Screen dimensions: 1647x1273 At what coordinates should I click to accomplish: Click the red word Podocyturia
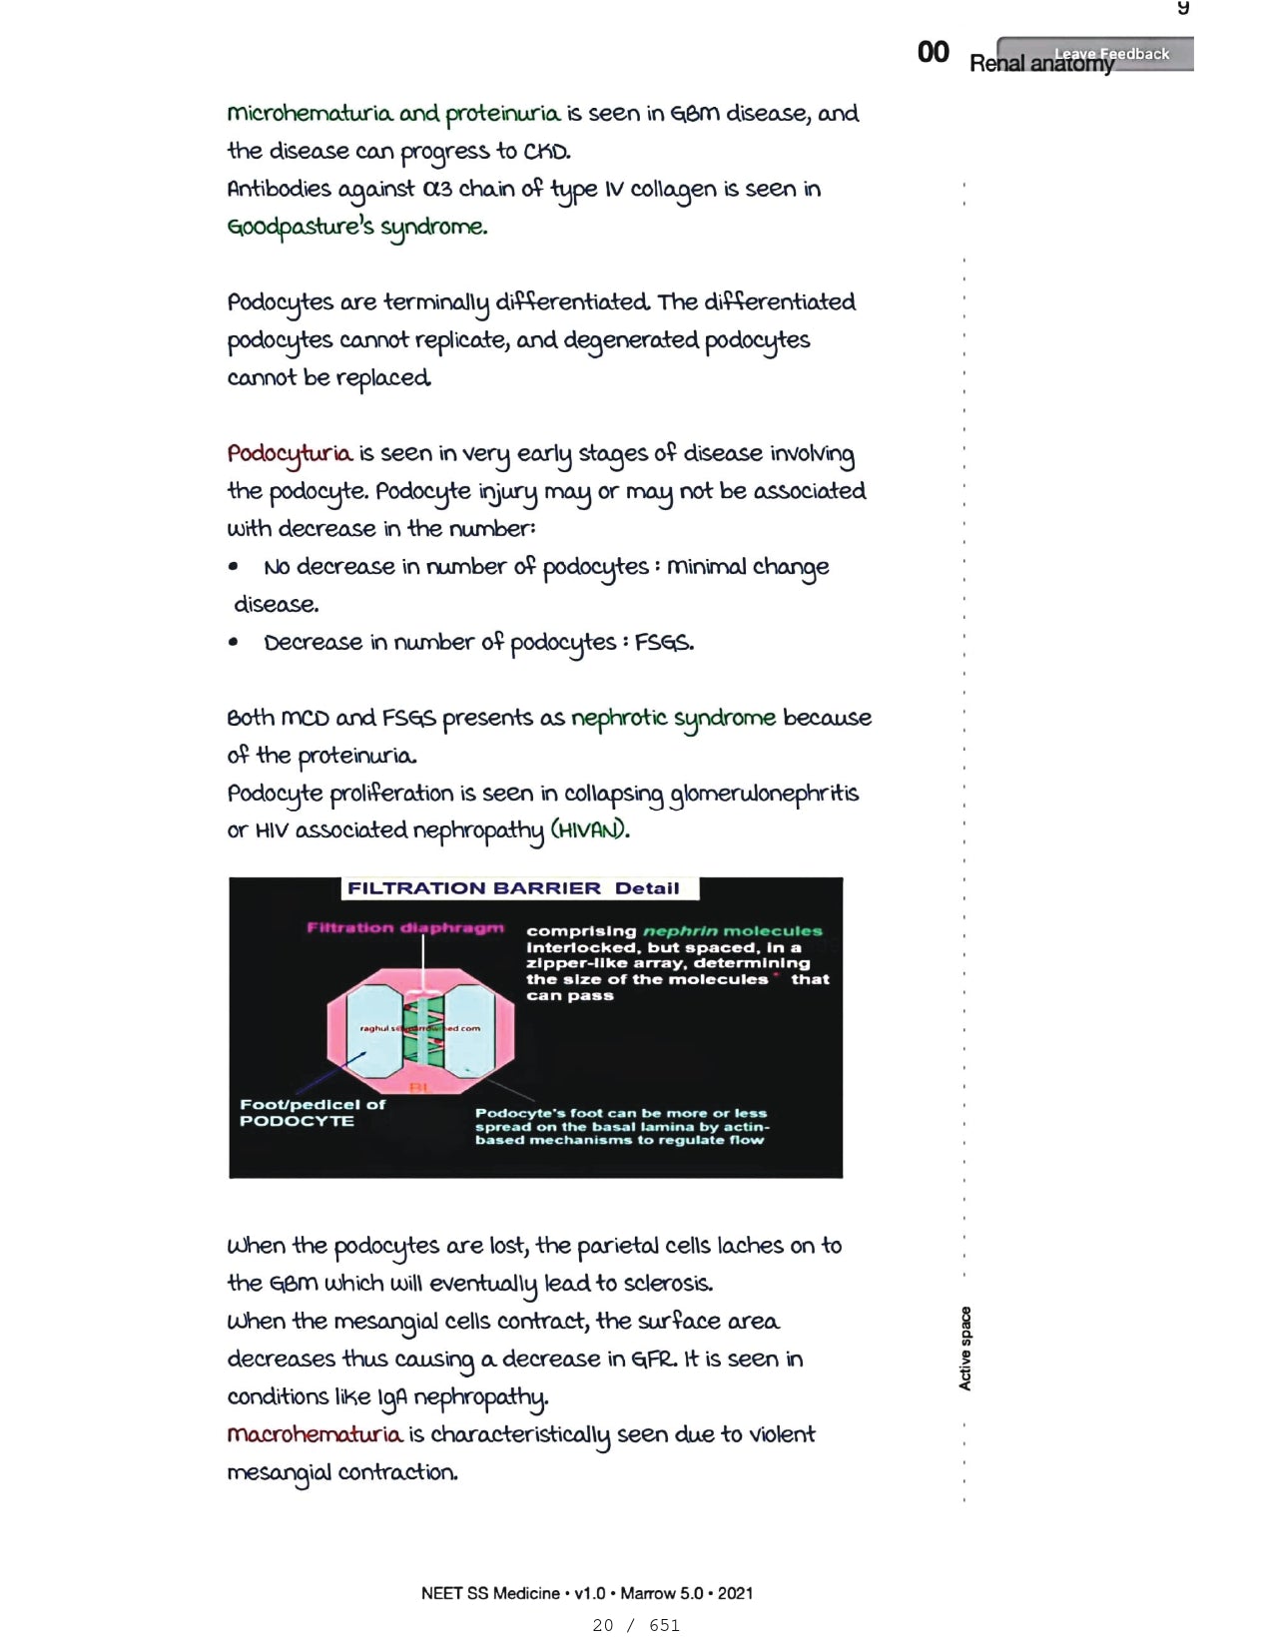(x=289, y=454)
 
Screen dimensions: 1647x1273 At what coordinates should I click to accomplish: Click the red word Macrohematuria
(x=315, y=1434)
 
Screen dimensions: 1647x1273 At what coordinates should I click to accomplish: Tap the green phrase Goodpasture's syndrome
(x=356, y=228)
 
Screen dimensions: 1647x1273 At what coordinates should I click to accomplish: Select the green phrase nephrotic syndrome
(x=672, y=718)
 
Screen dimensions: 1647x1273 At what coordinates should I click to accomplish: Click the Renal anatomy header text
(x=1040, y=64)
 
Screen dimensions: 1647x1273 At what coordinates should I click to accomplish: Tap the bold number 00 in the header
(x=933, y=53)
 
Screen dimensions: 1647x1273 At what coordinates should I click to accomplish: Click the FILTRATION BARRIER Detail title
(x=513, y=888)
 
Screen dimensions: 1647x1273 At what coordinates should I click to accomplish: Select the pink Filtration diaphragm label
(x=404, y=928)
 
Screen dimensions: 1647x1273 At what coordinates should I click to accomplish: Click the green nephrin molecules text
(x=732, y=931)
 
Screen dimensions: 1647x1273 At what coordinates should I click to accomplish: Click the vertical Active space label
(x=964, y=1348)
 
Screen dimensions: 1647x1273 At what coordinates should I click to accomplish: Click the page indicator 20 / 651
(x=635, y=1625)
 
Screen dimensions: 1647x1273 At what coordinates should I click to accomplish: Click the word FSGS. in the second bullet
(x=664, y=643)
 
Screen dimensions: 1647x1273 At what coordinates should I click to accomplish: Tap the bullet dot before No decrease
(x=233, y=567)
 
